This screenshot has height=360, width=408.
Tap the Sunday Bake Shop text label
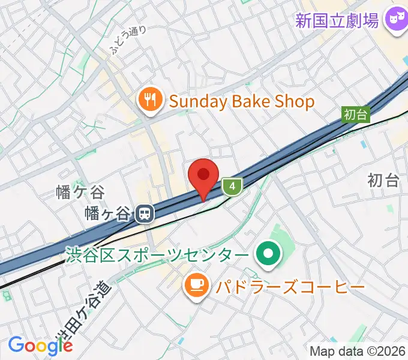tap(242, 101)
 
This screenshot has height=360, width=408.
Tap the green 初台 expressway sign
tap(355, 114)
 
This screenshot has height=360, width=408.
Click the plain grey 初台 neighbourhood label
tap(383, 179)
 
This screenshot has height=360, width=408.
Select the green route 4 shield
tap(232, 187)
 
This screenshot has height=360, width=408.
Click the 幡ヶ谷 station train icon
tap(143, 213)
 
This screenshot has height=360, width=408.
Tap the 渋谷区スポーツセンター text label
tap(158, 256)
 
